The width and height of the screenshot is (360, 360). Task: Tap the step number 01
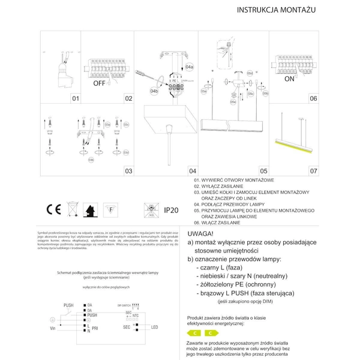76,98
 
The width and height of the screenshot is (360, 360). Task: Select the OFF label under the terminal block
99,85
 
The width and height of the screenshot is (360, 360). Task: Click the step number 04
193,171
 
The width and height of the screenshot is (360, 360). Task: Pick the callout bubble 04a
190,66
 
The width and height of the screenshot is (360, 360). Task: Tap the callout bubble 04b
154,91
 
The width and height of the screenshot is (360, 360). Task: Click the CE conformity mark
53,209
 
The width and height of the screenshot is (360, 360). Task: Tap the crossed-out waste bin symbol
73,209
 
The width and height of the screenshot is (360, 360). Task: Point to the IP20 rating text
172,210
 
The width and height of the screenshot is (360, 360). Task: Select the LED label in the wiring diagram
154,326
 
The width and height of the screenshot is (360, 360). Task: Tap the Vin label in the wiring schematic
52,329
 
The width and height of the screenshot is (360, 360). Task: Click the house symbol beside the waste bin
92,209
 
